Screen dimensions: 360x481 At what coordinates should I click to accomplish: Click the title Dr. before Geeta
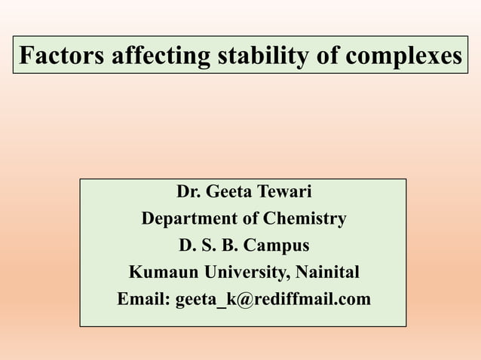(188, 193)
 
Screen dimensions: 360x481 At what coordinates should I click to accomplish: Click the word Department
(189, 219)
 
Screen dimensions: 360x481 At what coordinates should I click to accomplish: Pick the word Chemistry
(305, 219)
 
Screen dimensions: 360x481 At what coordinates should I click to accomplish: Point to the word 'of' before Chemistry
(250, 219)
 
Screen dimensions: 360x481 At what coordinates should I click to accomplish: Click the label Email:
(144, 299)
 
